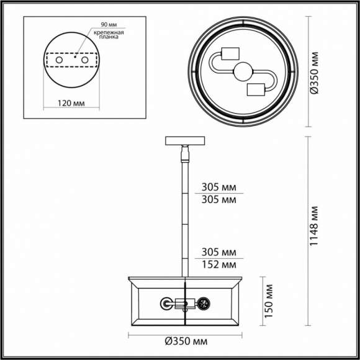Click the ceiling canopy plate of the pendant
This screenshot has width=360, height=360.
pos(185,140)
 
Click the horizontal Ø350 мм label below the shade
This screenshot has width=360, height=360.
pos(186,341)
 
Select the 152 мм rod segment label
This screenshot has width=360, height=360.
pos(220,265)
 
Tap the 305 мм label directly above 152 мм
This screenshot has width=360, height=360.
pos(220,253)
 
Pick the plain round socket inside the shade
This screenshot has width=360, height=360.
pos(167,304)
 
